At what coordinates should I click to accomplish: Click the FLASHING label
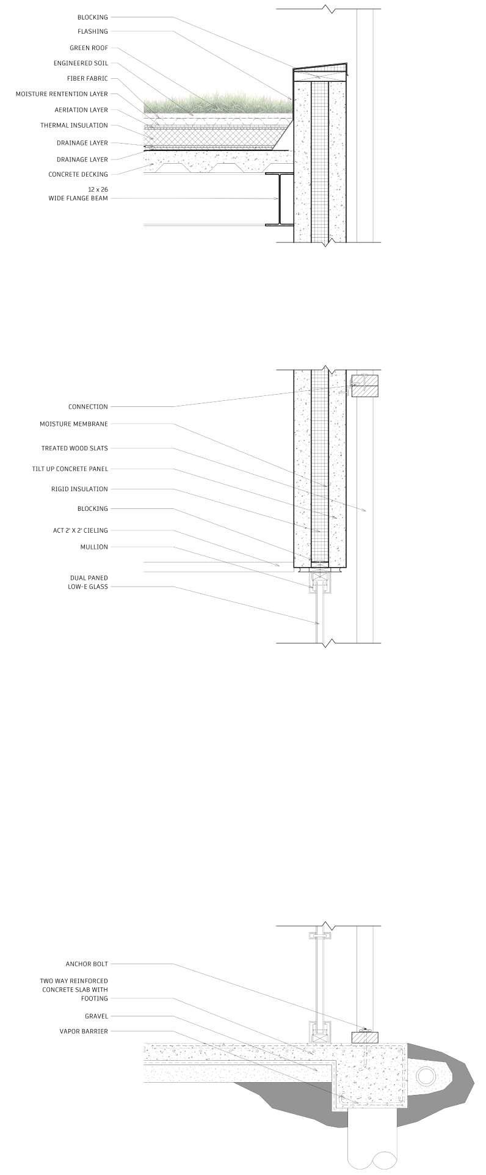pyautogui.click(x=92, y=31)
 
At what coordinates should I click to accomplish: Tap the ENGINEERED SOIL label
pyautogui.click(x=81, y=63)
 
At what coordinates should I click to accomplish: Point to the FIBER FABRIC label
pyautogui.click(x=87, y=78)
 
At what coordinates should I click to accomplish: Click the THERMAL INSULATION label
pyautogui.click(x=74, y=125)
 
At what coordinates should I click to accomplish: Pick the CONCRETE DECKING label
pyautogui.click(x=78, y=174)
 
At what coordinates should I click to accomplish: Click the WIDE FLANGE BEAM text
pyautogui.click(x=78, y=198)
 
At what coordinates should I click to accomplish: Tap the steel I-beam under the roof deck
pyautogui.click(x=278, y=199)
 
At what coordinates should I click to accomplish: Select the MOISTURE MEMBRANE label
pyautogui.click(x=74, y=423)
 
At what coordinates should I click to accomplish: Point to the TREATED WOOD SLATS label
pyautogui.click(x=74, y=448)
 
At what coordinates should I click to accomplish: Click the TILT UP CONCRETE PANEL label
pyautogui.click(x=70, y=469)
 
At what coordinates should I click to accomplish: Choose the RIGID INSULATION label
pyautogui.click(x=79, y=489)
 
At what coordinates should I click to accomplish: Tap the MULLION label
pyautogui.click(x=94, y=547)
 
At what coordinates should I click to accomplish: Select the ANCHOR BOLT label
pyautogui.click(x=87, y=964)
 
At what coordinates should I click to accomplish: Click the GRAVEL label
pyautogui.click(x=96, y=1016)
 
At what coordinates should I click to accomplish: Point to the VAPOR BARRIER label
pyautogui.click(x=84, y=1031)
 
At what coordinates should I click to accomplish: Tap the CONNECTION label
pyautogui.click(x=88, y=406)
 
